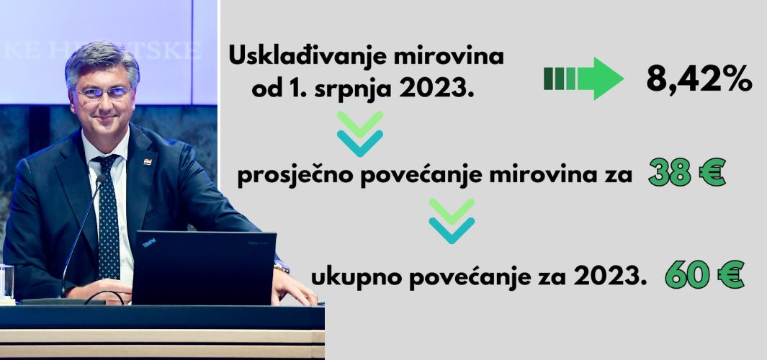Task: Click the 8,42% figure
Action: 699,80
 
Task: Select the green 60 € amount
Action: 705,276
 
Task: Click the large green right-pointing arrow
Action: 583,78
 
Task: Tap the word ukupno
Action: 344,278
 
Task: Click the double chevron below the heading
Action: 360,133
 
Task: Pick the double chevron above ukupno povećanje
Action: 452,221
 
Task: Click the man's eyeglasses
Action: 104,93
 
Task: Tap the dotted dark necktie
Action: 108,215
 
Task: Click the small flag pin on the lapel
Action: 148,161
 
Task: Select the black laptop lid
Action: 204,267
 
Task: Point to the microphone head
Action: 100,179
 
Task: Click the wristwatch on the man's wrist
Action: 282,266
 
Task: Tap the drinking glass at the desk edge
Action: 7,282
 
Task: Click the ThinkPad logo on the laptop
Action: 149,243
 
